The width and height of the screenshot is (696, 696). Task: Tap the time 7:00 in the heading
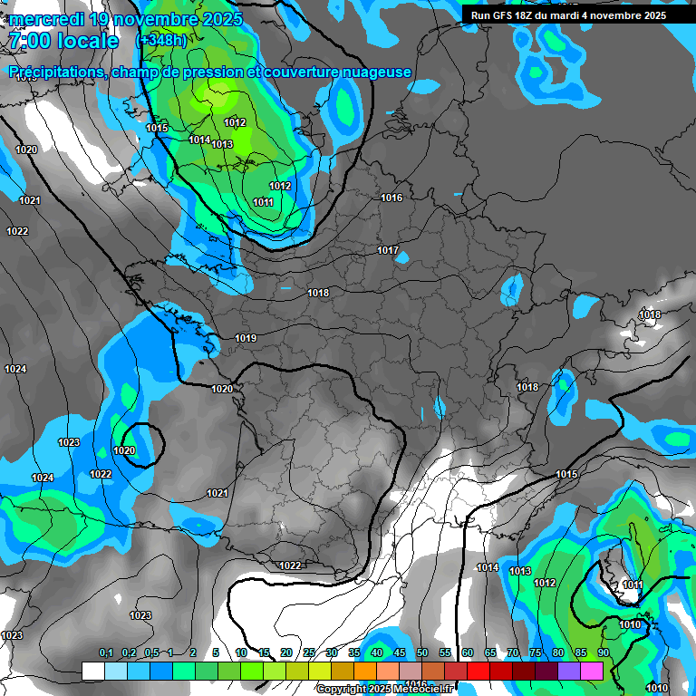[28, 41]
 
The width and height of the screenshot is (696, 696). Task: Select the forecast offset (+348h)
[162, 41]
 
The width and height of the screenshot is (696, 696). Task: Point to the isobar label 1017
[388, 250]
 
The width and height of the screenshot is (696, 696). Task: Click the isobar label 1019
[246, 339]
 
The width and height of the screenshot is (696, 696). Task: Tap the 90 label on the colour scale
[604, 653]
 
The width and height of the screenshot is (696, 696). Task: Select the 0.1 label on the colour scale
[105, 653]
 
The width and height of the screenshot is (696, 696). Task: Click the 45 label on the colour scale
[400, 653]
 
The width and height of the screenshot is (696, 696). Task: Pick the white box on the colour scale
[93, 671]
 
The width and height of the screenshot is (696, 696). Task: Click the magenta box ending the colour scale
[592, 671]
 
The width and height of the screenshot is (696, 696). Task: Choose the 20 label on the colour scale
[286, 653]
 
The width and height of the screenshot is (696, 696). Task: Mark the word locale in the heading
[86, 41]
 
